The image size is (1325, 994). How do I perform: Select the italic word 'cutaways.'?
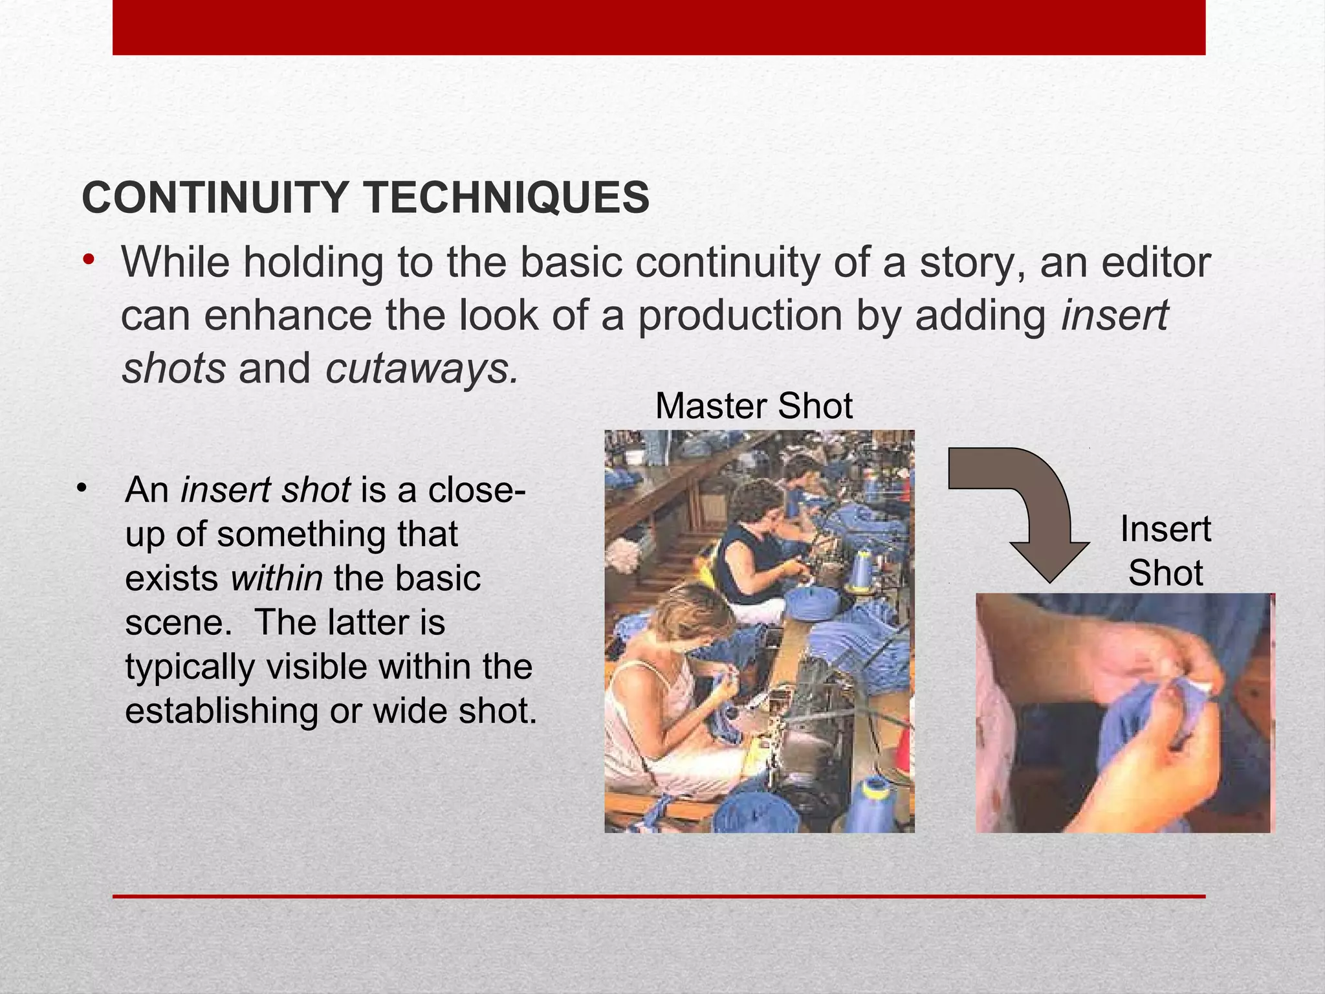tap(422, 368)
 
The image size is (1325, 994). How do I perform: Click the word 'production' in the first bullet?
tap(740, 316)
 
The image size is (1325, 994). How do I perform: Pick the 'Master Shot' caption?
tap(754, 406)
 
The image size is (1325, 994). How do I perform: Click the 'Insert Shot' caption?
tap(1166, 551)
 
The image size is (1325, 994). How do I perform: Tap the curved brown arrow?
tap(1029, 505)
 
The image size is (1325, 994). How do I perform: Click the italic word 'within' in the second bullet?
tap(276, 578)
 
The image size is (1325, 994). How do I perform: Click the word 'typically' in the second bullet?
tap(190, 667)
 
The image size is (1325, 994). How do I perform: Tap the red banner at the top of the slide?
tap(659, 27)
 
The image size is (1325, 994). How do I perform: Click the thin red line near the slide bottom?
tap(659, 896)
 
